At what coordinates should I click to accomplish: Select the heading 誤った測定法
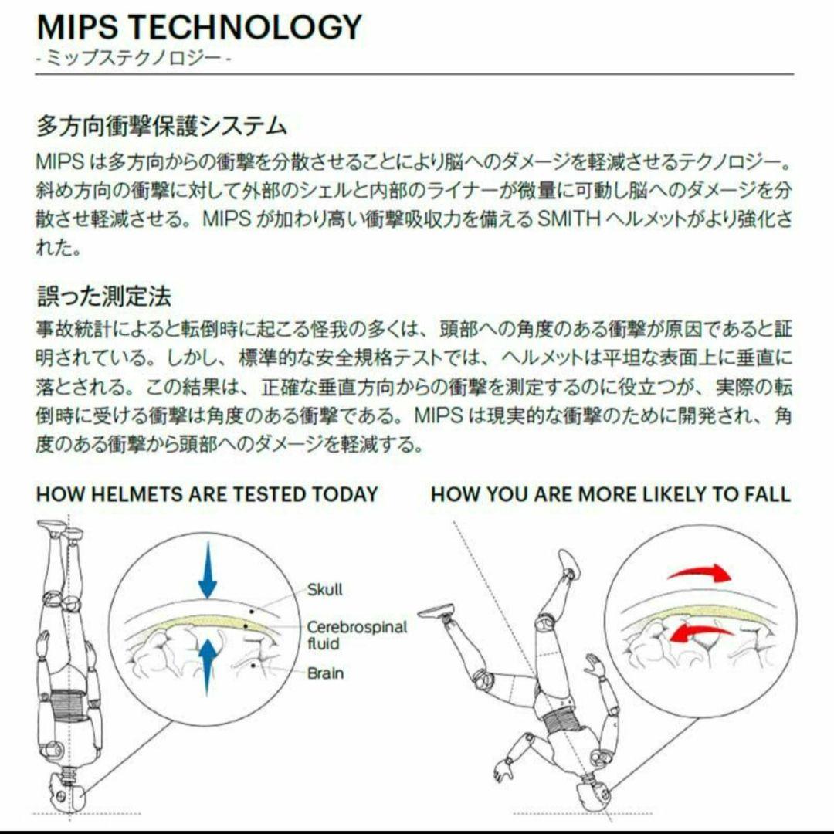click(104, 297)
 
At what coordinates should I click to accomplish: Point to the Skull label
click(324, 590)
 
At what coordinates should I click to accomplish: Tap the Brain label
click(325, 673)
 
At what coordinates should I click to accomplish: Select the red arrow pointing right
click(699, 573)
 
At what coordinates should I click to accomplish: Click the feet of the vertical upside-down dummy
click(62, 530)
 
